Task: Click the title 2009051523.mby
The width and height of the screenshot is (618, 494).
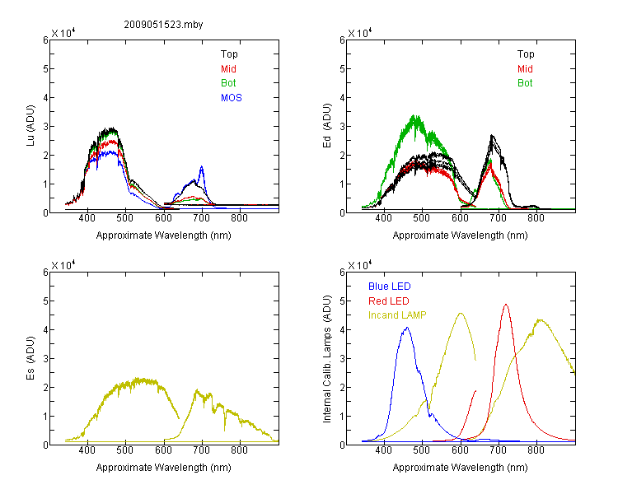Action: pos(163,25)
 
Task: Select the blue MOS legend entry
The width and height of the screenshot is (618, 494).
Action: pos(232,98)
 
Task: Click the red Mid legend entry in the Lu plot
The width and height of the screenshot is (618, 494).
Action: pos(228,69)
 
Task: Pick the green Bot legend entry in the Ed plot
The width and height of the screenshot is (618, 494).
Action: pos(525,83)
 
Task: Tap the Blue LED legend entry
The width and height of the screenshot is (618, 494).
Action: pos(390,287)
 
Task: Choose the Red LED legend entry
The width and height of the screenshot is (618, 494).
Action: pos(389,301)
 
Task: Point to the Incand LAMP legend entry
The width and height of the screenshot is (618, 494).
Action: pos(397,315)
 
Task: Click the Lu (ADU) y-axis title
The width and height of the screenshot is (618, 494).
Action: pos(30,126)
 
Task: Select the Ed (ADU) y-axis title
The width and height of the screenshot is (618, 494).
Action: pos(327,126)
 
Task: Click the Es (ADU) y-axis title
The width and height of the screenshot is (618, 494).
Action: pos(30,358)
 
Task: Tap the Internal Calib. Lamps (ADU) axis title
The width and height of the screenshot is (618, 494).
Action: pos(327,359)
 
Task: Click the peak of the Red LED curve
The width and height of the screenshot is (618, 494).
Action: pos(506,305)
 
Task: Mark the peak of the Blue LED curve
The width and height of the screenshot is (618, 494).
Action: pos(407,328)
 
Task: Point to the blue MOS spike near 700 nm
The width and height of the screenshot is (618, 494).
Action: pos(202,166)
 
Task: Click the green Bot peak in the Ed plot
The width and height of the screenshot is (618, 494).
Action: pos(414,116)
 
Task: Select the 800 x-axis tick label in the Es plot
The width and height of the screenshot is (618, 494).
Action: pos(239,450)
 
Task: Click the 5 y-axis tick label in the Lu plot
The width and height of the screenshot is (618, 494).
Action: pos(45,69)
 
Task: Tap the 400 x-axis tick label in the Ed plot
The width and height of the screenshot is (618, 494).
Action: pos(384,218)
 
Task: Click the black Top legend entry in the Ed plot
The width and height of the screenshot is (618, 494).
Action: pos(526,54)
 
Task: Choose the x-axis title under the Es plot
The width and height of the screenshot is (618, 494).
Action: pos(164,468)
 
